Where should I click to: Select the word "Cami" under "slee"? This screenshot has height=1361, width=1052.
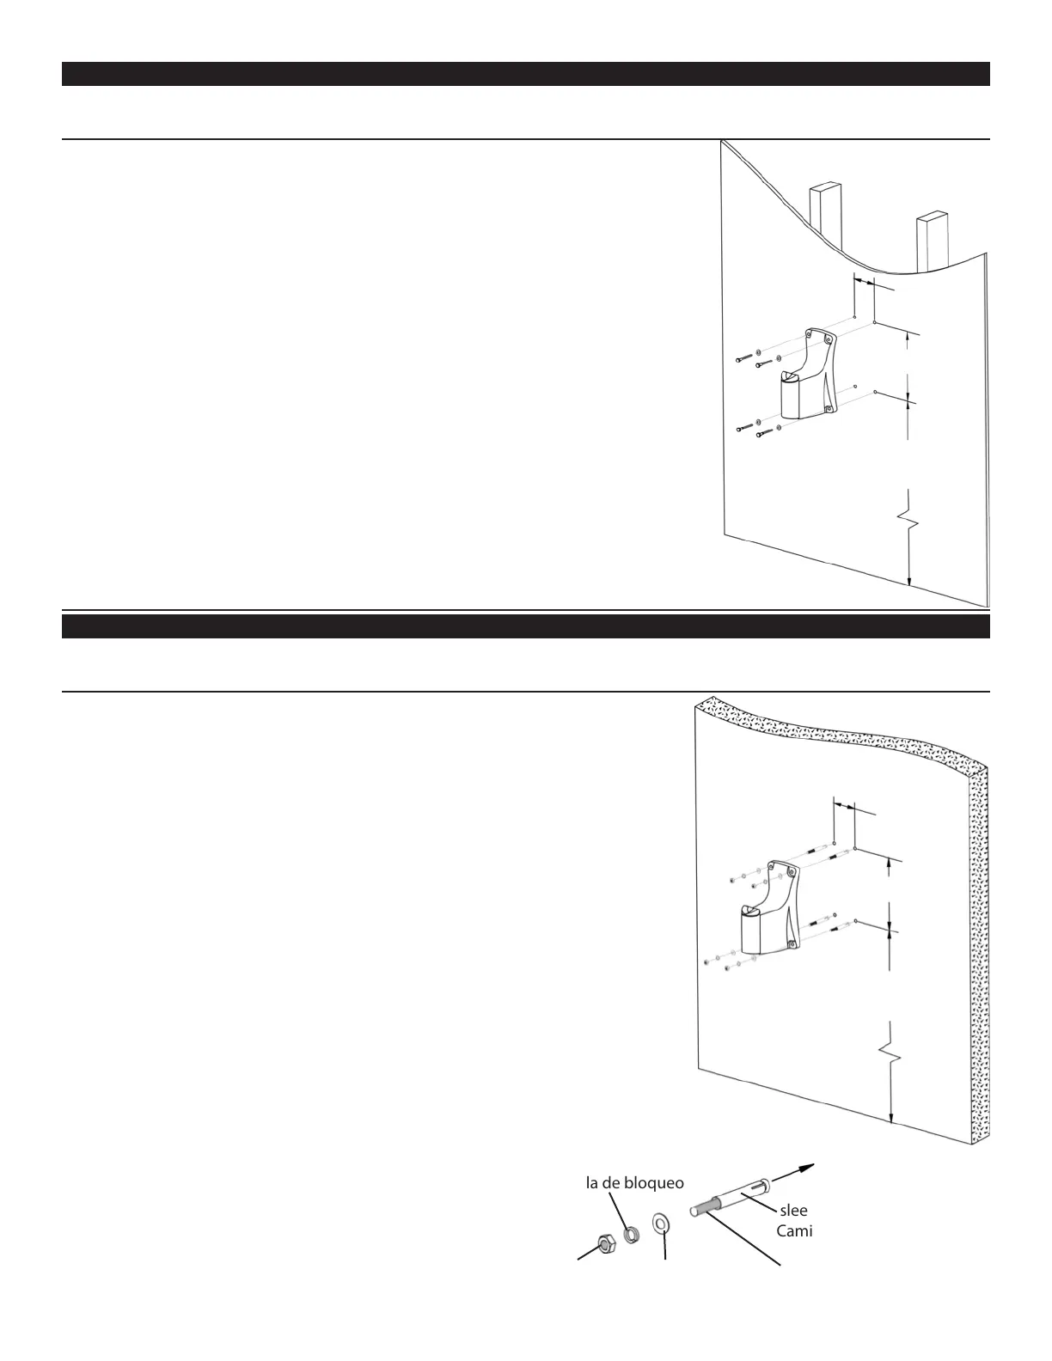795,1231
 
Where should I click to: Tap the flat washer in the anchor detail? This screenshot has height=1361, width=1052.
662,1223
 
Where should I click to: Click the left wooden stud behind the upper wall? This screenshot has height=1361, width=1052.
823,206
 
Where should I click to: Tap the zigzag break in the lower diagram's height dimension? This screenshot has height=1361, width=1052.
891,1049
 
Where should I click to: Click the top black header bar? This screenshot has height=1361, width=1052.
525,74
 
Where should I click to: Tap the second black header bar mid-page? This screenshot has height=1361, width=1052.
525,626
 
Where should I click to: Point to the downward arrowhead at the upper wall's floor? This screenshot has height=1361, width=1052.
908,581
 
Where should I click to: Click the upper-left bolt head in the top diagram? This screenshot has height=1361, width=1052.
738,358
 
